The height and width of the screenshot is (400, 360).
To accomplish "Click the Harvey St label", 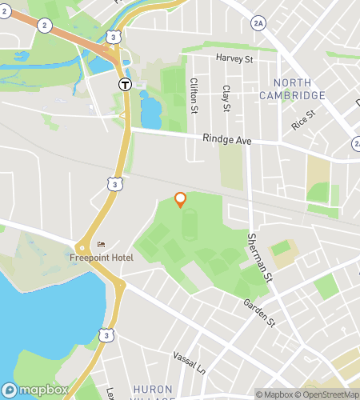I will (234, 58).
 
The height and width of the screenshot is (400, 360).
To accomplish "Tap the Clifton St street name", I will (193, 94).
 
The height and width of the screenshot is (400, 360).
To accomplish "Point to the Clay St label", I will (226, 98).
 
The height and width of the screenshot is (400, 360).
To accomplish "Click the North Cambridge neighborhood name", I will (292, 89).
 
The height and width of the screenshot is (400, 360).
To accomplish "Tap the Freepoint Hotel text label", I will (101, 257).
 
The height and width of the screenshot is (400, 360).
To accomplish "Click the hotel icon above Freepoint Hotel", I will (101, 245).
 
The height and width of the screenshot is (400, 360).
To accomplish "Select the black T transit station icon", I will (125, 83).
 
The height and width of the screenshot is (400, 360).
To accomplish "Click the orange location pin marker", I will (181, 199).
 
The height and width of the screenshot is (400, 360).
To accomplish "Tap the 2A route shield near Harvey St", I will (257, 23).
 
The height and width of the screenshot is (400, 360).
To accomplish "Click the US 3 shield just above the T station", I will (116, 37).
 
